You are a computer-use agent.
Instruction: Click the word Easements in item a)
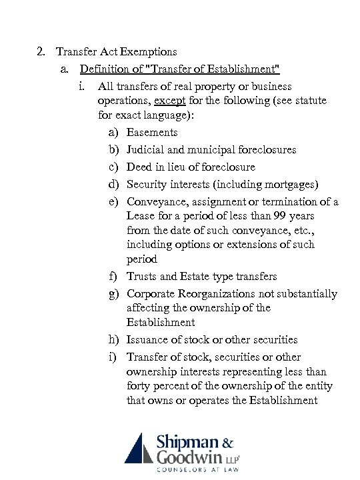point(152,132)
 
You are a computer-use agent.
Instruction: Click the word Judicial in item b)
point(146,149)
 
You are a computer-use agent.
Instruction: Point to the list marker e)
point(115,201)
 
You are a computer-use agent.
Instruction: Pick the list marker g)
point(115,294)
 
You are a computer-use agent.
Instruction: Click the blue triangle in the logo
point(138,448)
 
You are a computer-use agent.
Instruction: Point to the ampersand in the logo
point(227,442)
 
